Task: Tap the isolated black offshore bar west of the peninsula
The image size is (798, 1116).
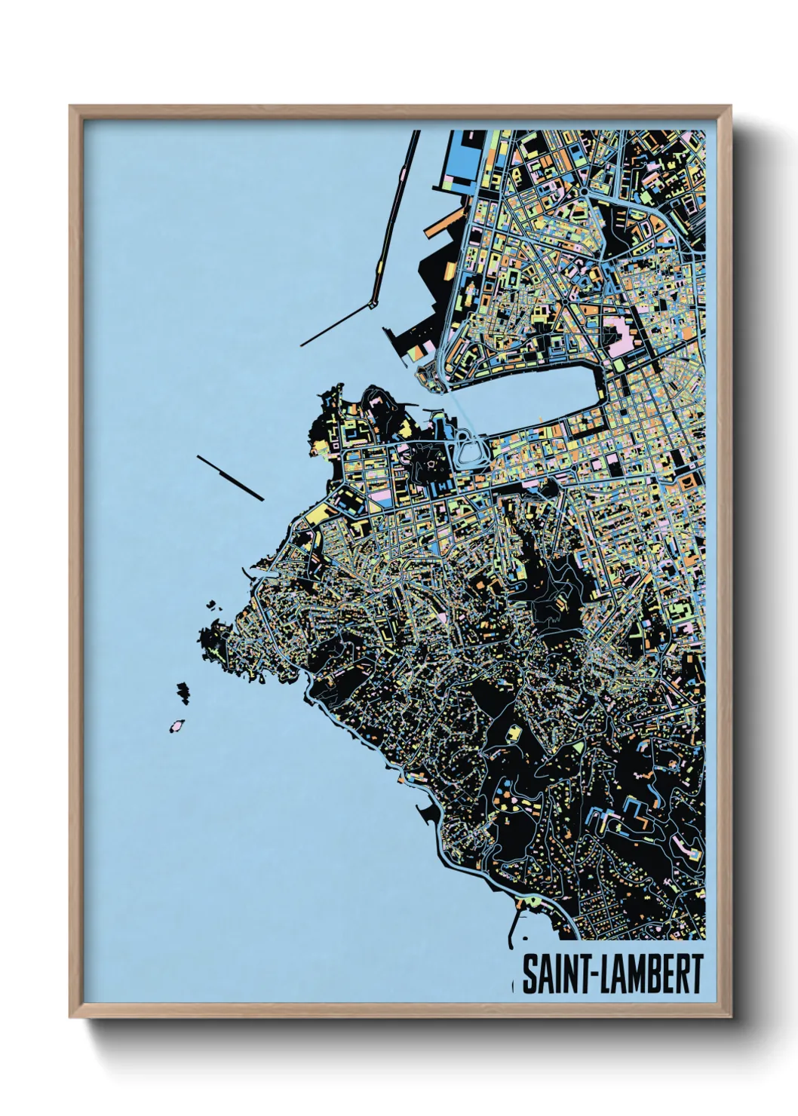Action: (x=229, y=477)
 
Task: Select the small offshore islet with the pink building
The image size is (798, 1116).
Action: (x=178, y=726)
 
